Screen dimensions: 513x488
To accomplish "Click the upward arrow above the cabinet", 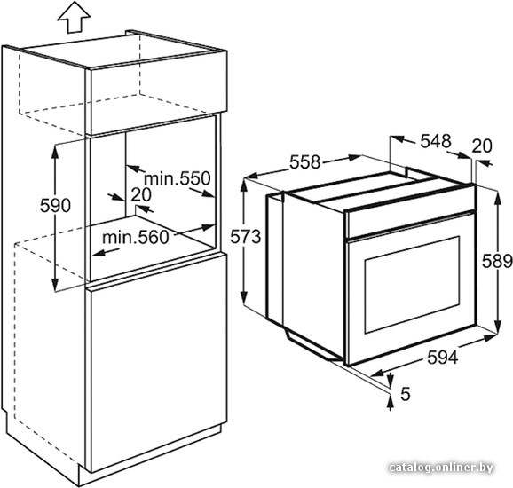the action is pos(74,19).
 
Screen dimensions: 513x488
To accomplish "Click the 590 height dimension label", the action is pos(55,206).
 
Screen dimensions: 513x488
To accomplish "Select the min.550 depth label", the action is pos(178,178).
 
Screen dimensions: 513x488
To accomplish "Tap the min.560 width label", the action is pos(136,237).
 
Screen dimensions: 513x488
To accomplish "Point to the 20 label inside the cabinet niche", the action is pos(141,194).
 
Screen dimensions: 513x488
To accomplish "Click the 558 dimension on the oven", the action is pos(304,161).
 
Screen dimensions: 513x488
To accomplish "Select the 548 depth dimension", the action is pos(436,141).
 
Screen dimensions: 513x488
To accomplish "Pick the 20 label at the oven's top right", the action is pos(482,146).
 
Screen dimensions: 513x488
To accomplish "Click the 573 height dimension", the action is pos(245,237).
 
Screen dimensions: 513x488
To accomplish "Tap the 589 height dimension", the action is pos(498,261).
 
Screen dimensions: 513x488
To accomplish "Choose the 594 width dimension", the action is pos(443,358).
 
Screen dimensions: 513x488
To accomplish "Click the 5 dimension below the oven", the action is pos(405,394).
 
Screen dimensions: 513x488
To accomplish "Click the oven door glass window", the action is pos(412,285).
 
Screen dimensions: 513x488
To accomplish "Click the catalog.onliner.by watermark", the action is pos(442,468).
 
